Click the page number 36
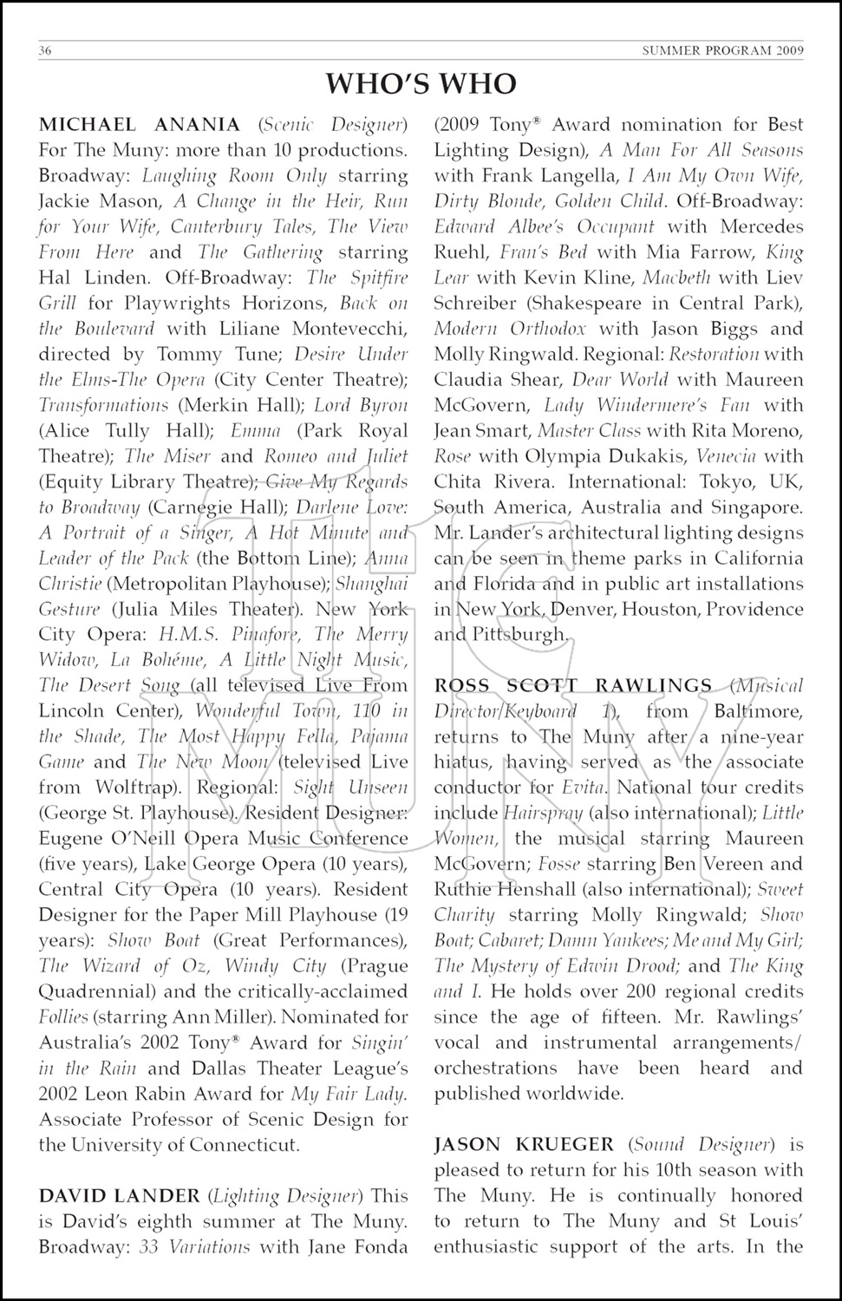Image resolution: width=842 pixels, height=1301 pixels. [x=46, y=50]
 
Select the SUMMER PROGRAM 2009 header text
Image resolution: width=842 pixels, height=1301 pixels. [x=722, y=50]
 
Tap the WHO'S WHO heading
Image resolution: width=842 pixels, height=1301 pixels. [x=421, y=84]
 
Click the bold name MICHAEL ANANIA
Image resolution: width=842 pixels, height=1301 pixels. [x=140, y=124]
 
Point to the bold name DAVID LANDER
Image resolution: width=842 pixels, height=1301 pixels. [x=120, y=1195]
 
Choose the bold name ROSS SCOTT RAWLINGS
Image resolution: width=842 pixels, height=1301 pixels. [x=573, y=685]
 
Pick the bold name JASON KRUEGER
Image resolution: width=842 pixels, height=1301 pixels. [x=524, y=1144]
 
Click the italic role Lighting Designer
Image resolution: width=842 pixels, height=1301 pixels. [x=284, y=1195]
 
